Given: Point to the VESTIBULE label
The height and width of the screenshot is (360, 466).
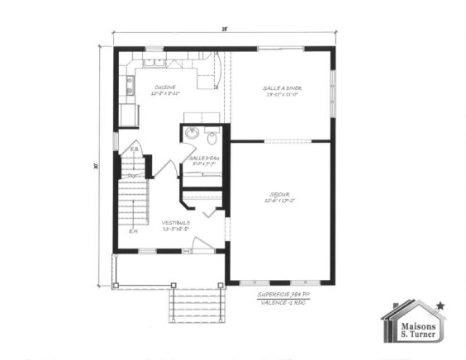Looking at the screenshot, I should pos(176,222).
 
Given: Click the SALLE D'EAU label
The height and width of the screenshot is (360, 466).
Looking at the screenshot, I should pos(201,157).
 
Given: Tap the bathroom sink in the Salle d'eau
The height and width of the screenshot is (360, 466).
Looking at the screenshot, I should pos(191,135).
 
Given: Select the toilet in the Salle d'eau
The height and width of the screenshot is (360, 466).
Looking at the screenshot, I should pos(212,137).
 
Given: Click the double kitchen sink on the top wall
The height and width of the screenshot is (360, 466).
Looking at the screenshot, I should pos(154,62).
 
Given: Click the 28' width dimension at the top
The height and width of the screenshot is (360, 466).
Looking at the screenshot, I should pos(224,29).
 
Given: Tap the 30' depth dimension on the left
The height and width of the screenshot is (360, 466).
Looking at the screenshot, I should pos(97,165).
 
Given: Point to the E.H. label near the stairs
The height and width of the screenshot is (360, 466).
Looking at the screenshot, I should pos(133,232).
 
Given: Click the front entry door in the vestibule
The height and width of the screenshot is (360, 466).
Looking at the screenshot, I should pos(203,244).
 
